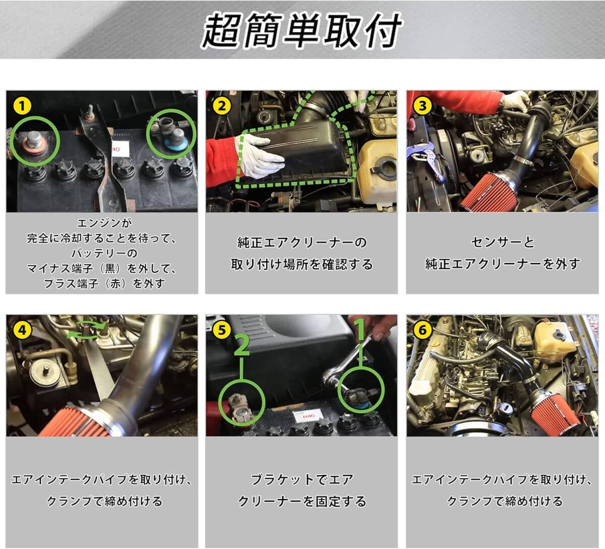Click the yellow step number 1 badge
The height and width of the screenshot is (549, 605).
[22, 106]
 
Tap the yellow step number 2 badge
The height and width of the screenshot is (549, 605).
[222, 106]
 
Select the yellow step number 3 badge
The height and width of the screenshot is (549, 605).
[422, 106]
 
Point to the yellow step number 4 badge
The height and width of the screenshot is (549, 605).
[22, 330]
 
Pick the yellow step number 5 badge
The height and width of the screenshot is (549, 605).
[222, 330]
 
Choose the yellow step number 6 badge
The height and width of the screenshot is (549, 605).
[422, 330]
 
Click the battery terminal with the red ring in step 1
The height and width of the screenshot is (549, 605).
[33, 144]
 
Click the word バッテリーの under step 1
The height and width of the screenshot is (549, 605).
[104, 254]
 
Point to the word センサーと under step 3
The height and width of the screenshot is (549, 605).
[503, 242]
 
